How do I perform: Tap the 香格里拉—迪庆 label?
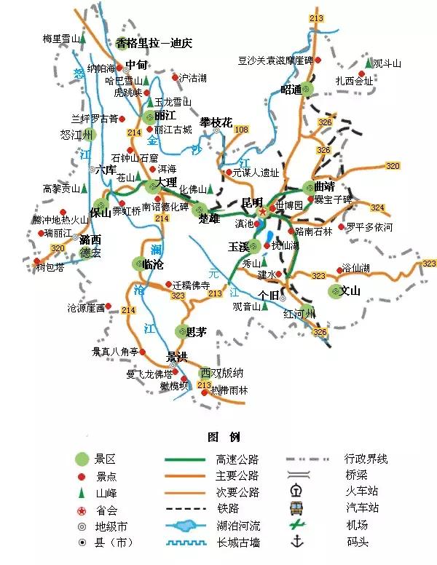(154, 43)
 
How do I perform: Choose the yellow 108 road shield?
(241, 130)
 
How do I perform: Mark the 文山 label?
(350, 292)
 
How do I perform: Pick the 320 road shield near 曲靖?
(393, 166)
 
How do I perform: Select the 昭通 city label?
(291, 90)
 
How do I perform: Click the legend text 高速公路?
(237, 459)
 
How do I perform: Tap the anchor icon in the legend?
(296, 541)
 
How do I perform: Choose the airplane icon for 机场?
(296, 524)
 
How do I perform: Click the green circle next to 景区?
(82, 459)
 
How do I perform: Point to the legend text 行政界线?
(366, 459)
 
